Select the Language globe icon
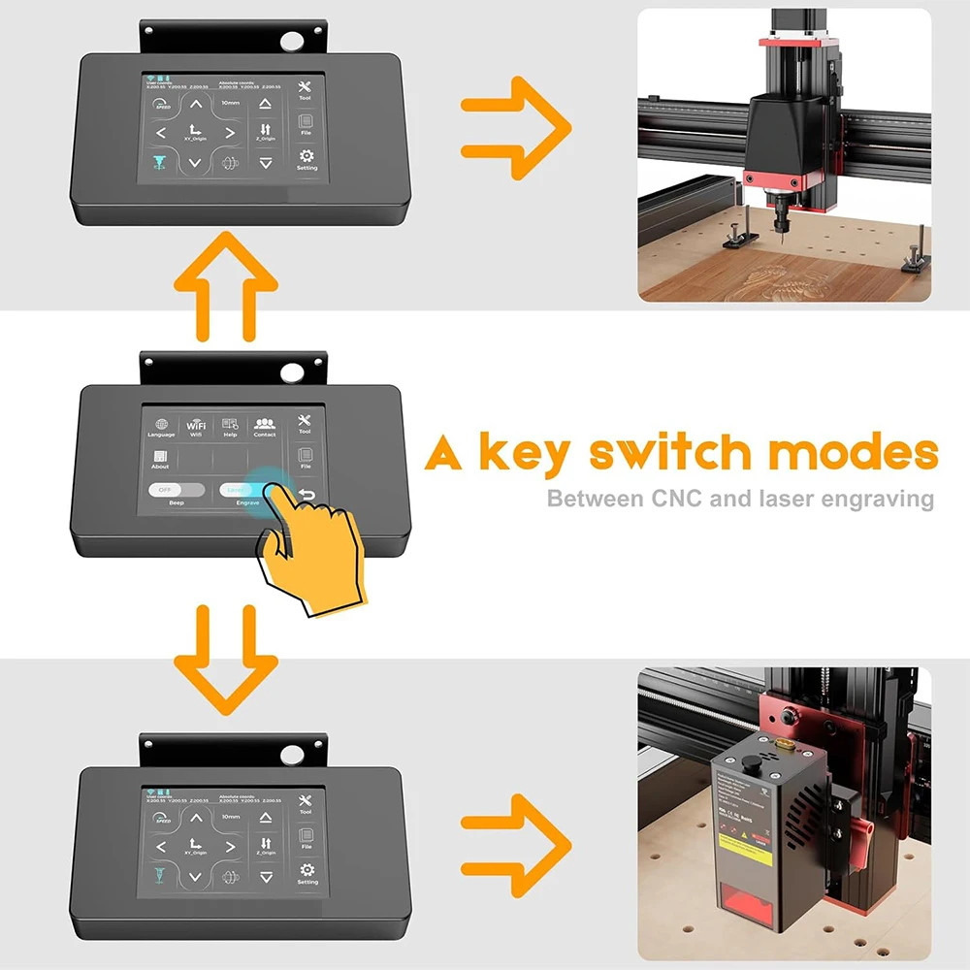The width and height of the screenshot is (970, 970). coord(161,425)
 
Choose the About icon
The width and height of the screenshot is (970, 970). coord(160,456)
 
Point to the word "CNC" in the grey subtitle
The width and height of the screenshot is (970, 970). coord(677,500)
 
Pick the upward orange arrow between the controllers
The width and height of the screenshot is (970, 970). coord(226,284)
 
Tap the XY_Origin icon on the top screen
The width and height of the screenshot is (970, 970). coord(195,132)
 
